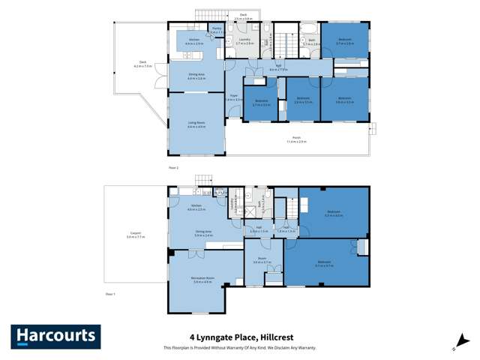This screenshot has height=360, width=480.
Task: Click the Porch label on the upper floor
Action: click(x=297, y=140)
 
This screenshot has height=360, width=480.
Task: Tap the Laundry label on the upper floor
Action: click(x=244, y=43)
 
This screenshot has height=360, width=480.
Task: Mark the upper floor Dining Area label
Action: click(x=196, y=76)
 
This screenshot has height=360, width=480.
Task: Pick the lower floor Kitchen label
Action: click(x=196, y=207)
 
